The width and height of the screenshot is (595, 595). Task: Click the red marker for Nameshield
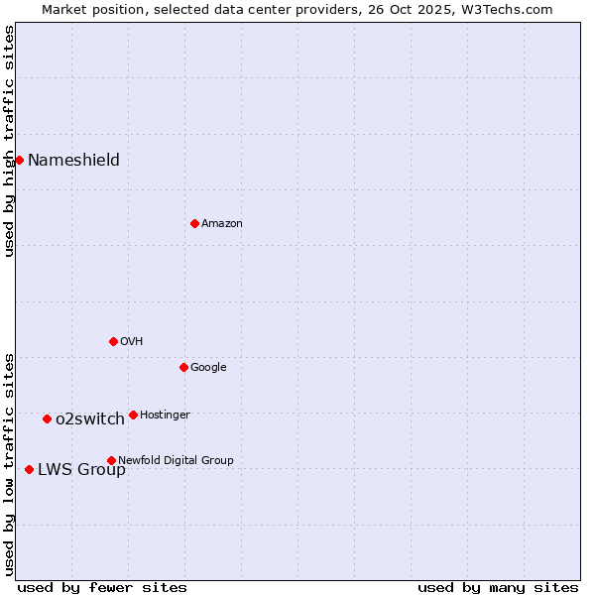[x=19, y=160]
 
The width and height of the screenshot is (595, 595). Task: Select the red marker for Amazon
[x=194, y=223]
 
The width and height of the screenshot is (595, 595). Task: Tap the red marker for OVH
[x=113, y=341]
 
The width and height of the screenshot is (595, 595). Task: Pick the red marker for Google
[x=183, y=367]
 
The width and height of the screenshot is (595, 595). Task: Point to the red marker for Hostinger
[x=133, y=415]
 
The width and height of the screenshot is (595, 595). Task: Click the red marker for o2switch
[x=47, y=418]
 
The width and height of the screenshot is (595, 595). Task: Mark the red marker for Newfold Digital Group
[x=111, y=460]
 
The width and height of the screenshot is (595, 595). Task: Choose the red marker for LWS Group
[x=29, y=469]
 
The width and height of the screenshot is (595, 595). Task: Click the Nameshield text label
[x=73, y=161]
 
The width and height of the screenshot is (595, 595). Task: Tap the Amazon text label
[x=221, y=224]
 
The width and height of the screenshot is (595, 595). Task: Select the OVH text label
[x=131, y=342]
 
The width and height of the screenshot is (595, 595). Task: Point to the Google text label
[x=208, y=368]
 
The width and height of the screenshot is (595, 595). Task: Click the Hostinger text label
[x=165, y=416]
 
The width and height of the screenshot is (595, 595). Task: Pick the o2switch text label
[x=89, y=419]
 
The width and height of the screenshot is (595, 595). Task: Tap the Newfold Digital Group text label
[x=176, y=461]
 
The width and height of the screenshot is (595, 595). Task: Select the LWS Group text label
[x=81, y=470]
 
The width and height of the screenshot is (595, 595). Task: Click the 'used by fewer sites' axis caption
[x=102, y=587]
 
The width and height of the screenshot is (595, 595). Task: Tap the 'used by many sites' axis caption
[x=498, y=587]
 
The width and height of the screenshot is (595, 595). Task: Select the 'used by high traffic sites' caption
[x=9, y=141]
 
